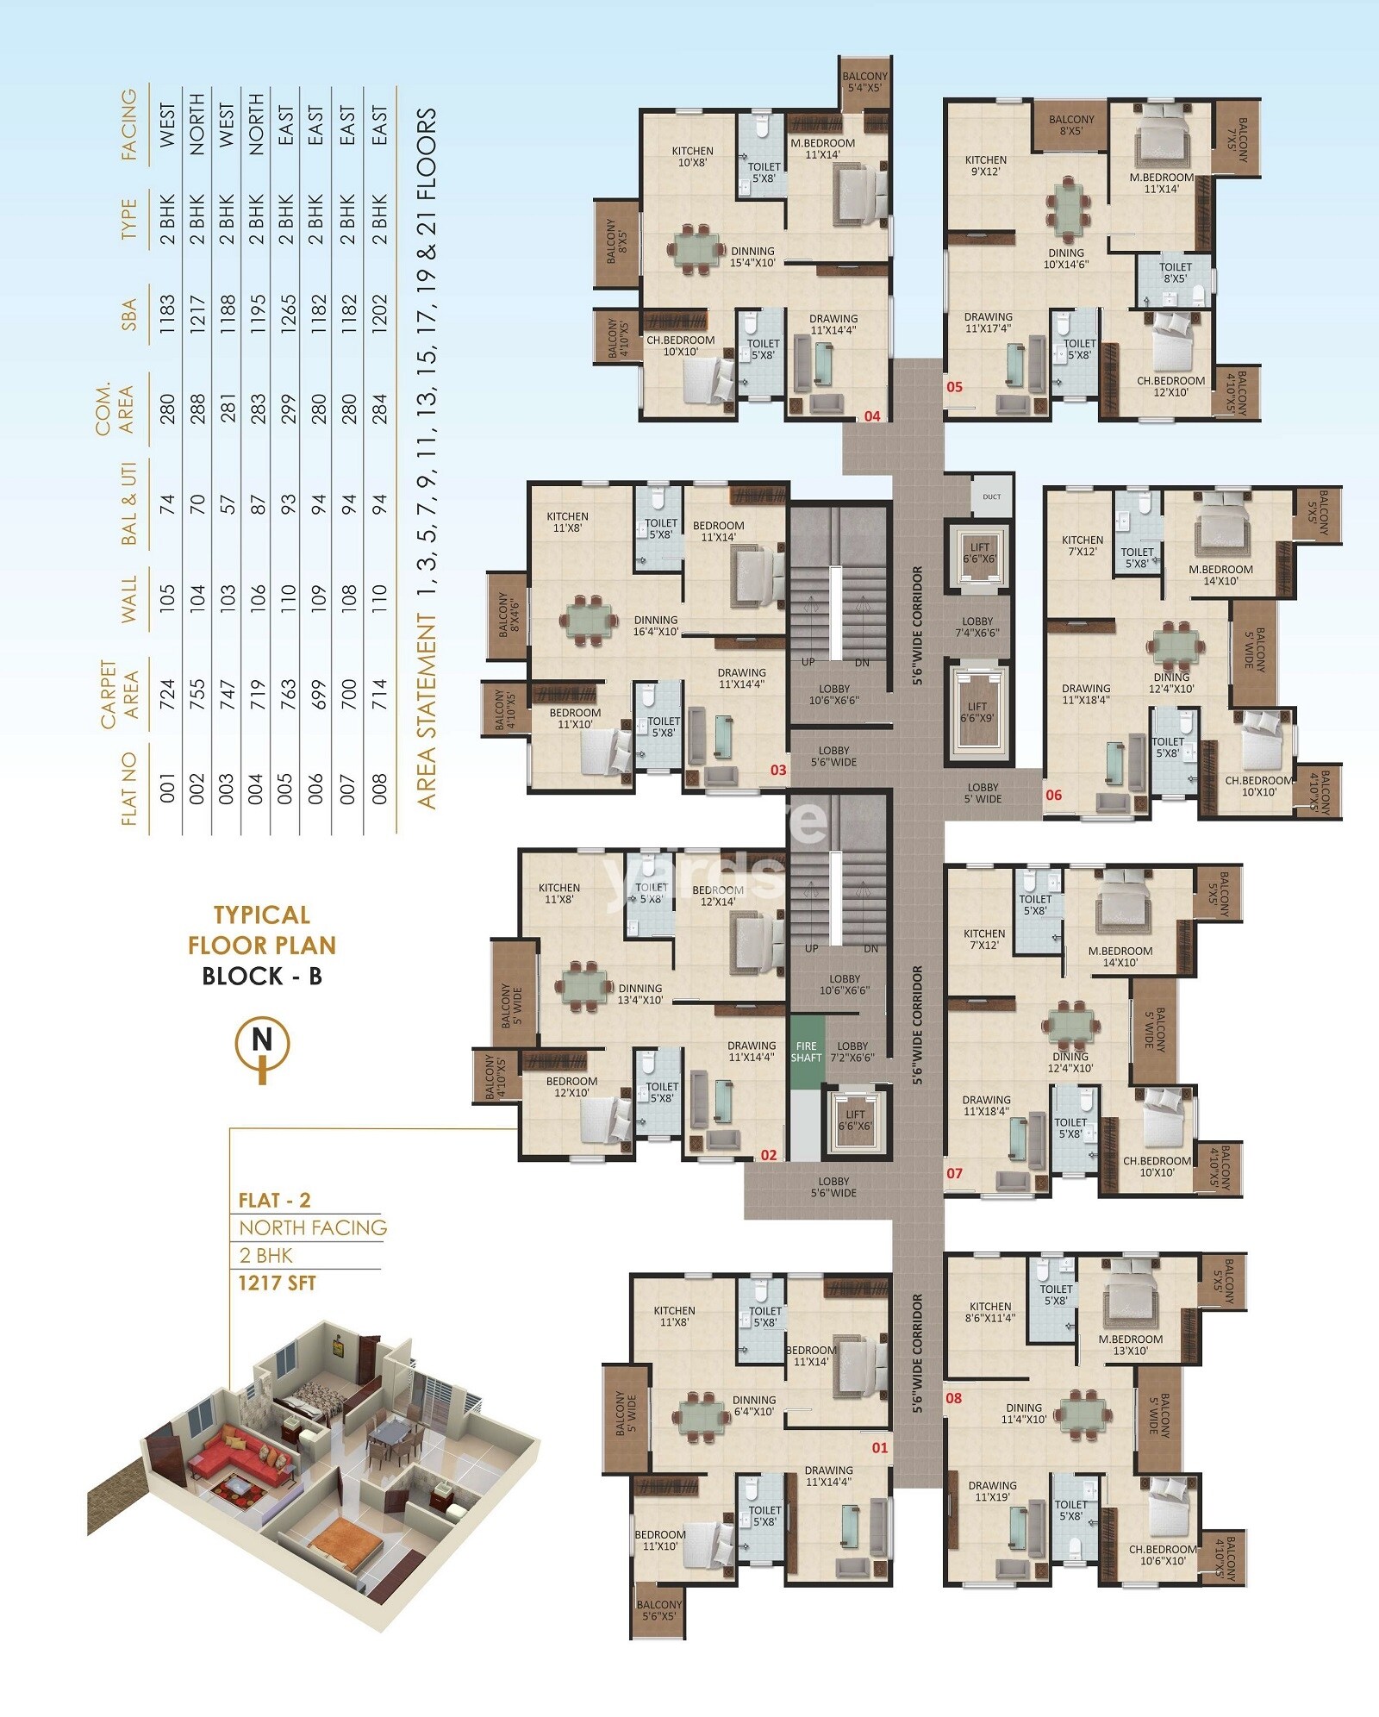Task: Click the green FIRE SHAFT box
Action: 807,1052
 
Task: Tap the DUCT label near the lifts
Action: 991,496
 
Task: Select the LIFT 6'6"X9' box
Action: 977,712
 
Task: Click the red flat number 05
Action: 954,387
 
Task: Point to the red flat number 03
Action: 778,770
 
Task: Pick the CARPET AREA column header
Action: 117,695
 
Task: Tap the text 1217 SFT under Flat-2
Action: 277,1283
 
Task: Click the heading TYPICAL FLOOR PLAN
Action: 262,930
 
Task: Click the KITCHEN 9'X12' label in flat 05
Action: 986,165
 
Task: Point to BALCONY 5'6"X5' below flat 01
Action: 658,1610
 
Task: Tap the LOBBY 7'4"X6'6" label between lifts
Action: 977,627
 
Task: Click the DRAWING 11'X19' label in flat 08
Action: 992,1491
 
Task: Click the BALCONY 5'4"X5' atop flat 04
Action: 864,82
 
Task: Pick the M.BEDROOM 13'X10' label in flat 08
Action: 1130,1345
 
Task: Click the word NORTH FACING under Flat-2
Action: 313,1227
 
